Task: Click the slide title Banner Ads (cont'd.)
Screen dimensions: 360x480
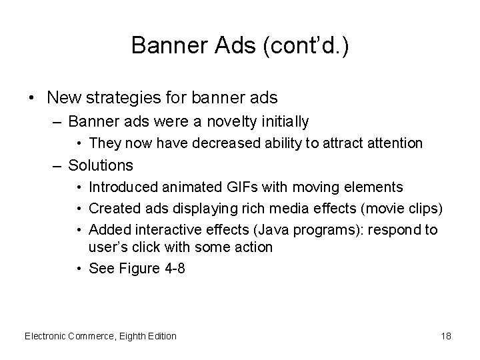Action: tap(239, 45)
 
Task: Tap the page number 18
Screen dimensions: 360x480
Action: tap(446, 336)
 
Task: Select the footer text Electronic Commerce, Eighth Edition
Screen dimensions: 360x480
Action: tap(101, 336)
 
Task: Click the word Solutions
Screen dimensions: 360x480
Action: tap(101, 165)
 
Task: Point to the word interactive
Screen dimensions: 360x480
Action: tap(164, 230)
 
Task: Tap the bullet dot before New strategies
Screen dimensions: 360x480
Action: tap(31, 99)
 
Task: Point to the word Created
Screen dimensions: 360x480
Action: tap(111, 209)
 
